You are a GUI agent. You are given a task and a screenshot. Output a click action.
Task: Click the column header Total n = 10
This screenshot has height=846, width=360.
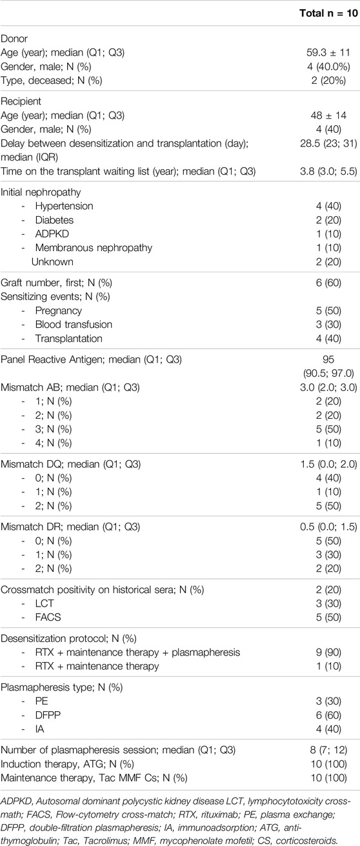(328, 13)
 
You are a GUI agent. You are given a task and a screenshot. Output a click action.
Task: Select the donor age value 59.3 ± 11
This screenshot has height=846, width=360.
(328, 52)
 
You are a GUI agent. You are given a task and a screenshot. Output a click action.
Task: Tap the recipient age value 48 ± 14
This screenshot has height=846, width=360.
(328, 116)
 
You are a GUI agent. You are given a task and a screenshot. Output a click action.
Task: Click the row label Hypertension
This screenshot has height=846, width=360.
(65, 206)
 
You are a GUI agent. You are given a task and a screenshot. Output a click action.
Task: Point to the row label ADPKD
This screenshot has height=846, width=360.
(52, 234)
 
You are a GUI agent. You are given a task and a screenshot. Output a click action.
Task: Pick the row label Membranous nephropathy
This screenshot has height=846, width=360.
(94, 248)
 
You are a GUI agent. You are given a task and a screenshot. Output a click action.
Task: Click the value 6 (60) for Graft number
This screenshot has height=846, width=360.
(328, 283)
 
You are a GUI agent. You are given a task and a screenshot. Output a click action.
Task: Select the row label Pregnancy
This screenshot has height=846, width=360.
(59, 311)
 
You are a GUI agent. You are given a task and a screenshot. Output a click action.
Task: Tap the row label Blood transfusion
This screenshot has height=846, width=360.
(74, 325)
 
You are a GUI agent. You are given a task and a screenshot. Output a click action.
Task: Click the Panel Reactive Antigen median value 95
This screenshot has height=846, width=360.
(328, 359)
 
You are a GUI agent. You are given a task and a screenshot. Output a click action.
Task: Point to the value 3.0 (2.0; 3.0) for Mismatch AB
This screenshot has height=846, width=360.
(328, 387)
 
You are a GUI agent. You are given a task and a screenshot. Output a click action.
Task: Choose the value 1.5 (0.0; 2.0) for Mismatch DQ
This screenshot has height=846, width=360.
(328, 464)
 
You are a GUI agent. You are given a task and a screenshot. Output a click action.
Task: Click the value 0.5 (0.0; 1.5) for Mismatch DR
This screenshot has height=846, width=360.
(328, 527)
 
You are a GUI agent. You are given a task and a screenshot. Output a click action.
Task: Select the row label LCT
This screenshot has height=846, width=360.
(45, 603)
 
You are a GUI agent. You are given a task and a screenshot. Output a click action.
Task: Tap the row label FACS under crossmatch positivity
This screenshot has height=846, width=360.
(48, 618)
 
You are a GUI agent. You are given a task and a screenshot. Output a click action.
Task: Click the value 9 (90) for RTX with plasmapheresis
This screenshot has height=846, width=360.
(328, 652)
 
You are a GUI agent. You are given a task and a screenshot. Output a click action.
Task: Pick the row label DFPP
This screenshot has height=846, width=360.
(48, 715)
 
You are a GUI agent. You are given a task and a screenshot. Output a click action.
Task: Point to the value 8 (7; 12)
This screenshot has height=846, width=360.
(328, 750)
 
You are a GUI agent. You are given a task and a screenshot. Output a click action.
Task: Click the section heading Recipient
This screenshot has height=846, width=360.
(21, 101)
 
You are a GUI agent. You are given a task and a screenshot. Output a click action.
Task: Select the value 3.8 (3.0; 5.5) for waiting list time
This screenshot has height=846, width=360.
(328, 172)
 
